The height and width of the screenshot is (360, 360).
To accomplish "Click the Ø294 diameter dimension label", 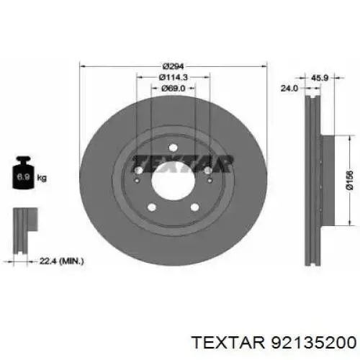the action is pyautogui.click(x=173, y=66).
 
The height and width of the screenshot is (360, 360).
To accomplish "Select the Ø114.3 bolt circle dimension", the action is pyautogui.click(x=173, y=77).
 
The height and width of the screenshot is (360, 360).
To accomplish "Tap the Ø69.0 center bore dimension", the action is pyautogui.click(x=173, y=89).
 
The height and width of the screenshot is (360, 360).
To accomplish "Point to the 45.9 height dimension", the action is pyautogui.click(x=320, y=78).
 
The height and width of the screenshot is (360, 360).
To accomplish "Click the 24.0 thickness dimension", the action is pyautogui.click(x=289, y=89).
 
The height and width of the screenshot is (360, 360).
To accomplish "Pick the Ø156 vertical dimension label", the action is pyautogui.click(x=350, y=180).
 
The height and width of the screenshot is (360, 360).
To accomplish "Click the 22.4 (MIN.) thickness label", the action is pyautogui.click(x=61, y=261).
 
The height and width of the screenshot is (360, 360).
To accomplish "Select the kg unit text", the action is pyautogui.click(x=42, y=178).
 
